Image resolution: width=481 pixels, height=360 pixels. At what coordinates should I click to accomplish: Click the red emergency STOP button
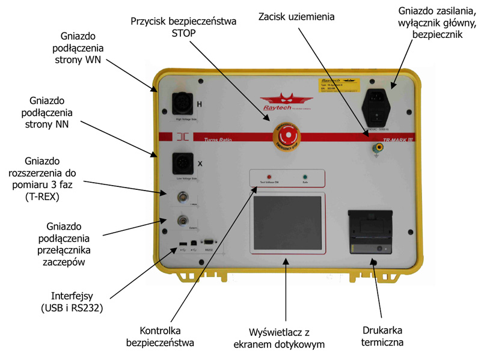(287, 135)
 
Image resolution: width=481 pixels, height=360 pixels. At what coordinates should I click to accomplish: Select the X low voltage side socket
(183, 162)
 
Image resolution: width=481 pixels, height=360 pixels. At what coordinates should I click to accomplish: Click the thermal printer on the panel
(371, 233)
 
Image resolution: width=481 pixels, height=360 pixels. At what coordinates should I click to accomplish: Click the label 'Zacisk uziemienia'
(296, 17)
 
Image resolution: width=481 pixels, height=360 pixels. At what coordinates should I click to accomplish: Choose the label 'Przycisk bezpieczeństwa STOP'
(183, 26)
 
